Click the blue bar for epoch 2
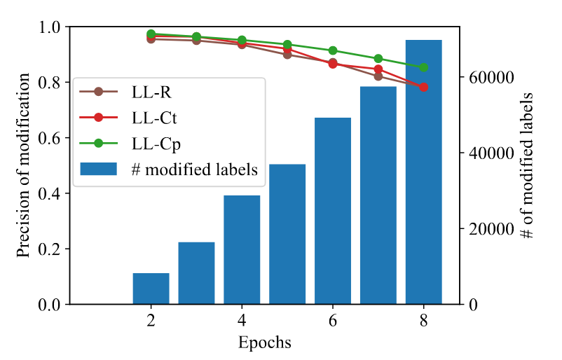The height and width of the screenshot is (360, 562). tap(151, 289)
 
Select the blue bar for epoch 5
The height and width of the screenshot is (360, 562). tap(287, 234)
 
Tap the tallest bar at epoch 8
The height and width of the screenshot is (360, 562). tap(424, 172)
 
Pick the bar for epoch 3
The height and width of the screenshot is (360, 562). tap(196, 273)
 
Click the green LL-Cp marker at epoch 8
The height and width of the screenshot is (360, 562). tap(424, 68)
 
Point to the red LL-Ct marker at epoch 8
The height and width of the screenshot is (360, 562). tap(424, 87)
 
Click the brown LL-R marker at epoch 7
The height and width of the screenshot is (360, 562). tap(378, 76)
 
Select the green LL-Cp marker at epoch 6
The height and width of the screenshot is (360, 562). tap(333, 50)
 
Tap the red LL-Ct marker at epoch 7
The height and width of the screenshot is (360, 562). tap(378, 69)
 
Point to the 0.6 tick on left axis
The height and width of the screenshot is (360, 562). tap(51, 138)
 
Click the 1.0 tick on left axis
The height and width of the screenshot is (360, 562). tap(51, 27)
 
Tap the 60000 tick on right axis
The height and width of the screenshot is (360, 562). tap(486, 77)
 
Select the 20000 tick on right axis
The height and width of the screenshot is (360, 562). tap(486, 229)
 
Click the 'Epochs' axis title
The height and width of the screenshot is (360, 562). tap(264, 343)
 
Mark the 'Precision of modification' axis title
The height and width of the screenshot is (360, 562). tap(25, 165)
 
